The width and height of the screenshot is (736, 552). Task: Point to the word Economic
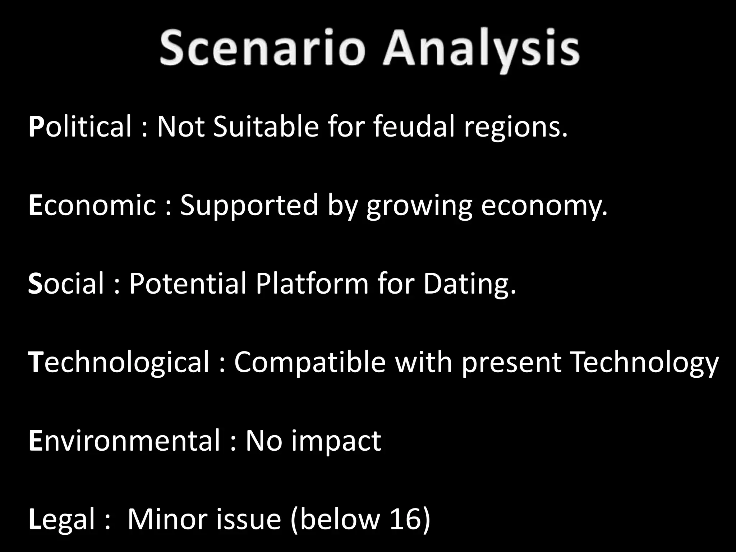coord(92,205)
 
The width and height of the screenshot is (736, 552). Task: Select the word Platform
coord(312,284)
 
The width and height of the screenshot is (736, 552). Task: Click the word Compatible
coord(310,362)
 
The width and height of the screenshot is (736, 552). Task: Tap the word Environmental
coord(124,440)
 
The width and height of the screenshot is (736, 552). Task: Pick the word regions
coord(516,128)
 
